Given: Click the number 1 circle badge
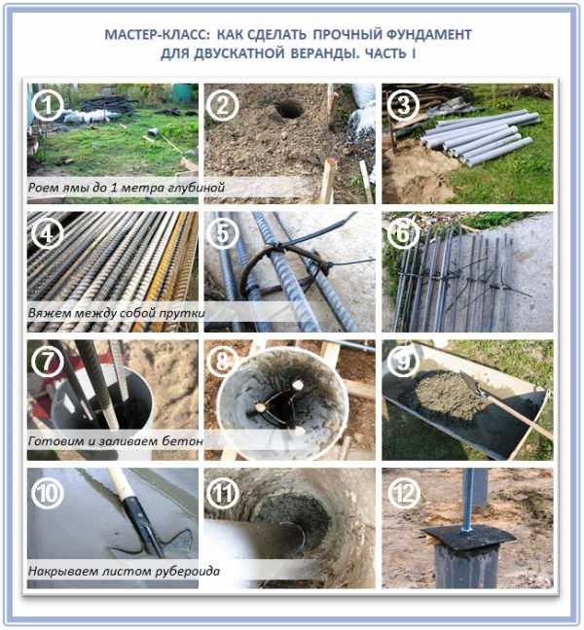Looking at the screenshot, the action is pyautogui.click(x=47, y=105).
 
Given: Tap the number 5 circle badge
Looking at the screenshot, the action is pyautogui.click(x=222, y=233).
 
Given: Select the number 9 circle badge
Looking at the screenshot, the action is pyautogui.click(x=403, y=362).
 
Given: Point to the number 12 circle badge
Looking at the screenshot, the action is pyautogui.click(x=403, y=493).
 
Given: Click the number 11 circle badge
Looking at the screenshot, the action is pyautogui.click(x=222, y=493).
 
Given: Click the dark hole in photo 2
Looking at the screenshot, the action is pyautogui.click(x=289, y=110).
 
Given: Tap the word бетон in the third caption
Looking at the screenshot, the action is pyautogui.click(x=182, y=440).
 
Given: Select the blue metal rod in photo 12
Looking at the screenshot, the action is pyautogui.click(x=468, y=501).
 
